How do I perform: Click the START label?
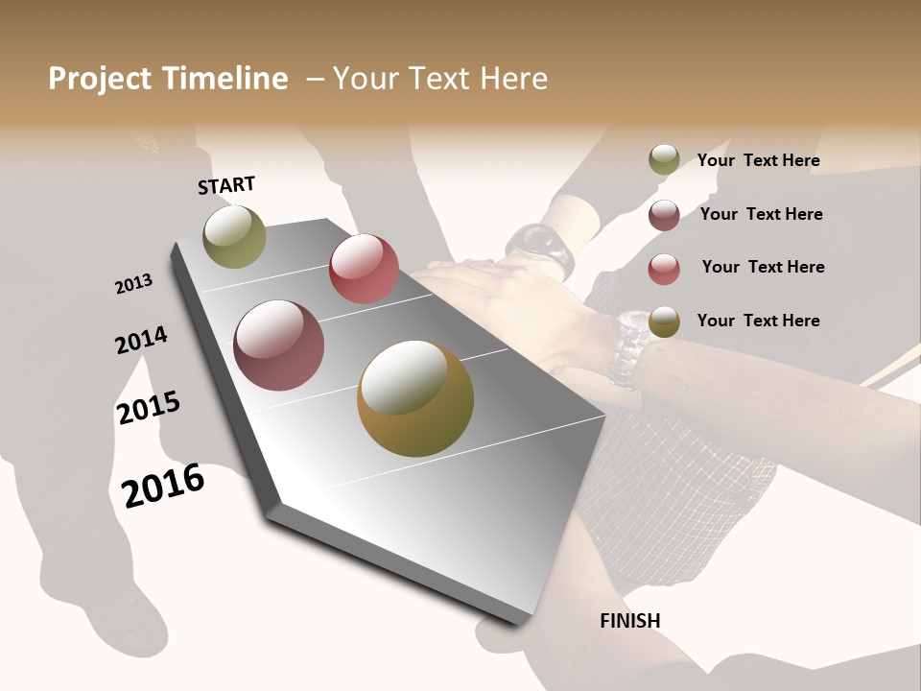[226, 185]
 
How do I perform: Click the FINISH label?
[630, 621]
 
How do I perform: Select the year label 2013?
[134, 283]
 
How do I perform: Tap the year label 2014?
[141, 340]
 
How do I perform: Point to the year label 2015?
[149, 408]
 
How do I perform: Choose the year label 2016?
[163, 485]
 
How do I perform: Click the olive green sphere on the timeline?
[234, 236]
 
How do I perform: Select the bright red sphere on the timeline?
[364, 269]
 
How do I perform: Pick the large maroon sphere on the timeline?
[279, 345]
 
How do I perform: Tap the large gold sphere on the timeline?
[415, 398]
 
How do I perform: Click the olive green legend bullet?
[664, 160]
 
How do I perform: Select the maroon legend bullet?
[664, 215]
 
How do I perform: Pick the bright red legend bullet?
[664, 268]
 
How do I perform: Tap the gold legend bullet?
[664, 322]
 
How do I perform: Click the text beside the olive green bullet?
[758, 160]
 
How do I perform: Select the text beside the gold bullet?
[758, 321]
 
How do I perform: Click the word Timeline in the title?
[224, 79]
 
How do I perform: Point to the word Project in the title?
[101, 79]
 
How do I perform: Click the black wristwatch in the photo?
[542, 248]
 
